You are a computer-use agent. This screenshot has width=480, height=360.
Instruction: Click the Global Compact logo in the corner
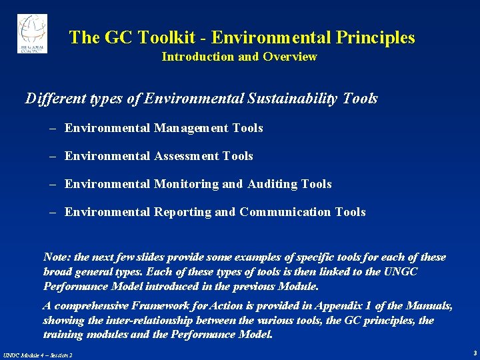point(31,33)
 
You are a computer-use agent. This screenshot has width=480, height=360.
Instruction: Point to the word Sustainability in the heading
point(293,99)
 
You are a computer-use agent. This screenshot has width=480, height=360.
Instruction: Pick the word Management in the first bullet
point(192,128)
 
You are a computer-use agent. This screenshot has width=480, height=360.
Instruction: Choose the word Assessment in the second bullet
point(187,156)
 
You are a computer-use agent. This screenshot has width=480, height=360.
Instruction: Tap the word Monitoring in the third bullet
point(187,184)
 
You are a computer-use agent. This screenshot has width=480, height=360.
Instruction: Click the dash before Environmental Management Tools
point(52,128)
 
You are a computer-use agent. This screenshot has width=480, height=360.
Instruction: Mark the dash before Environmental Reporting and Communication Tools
point(52,212)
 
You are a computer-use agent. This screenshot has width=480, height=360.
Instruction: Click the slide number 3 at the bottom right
point(474,352)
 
